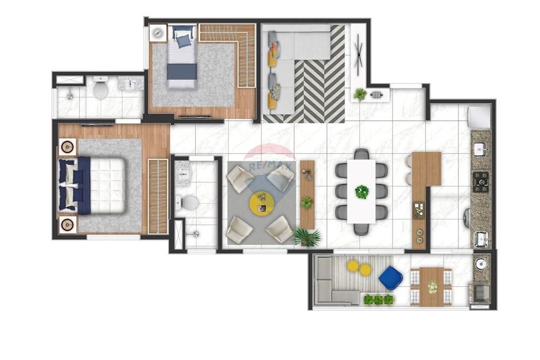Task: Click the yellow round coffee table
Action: [261, 203]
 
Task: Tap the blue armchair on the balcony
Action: [390, 277]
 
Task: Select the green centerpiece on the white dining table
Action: [361, 192]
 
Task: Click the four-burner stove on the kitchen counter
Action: [480, 182]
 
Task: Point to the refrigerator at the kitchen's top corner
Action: [478, 117]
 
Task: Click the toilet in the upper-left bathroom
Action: [100, 89]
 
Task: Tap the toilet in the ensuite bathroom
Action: [189, 203]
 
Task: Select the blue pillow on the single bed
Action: [183, 40]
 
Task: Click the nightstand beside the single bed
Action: [158, 33]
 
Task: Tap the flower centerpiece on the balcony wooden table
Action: [432, 287]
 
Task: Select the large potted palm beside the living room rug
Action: [307, 236]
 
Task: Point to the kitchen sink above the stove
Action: [480, 149]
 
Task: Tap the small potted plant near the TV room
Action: [360, 94]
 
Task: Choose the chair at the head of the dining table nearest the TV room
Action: [361, 154]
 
